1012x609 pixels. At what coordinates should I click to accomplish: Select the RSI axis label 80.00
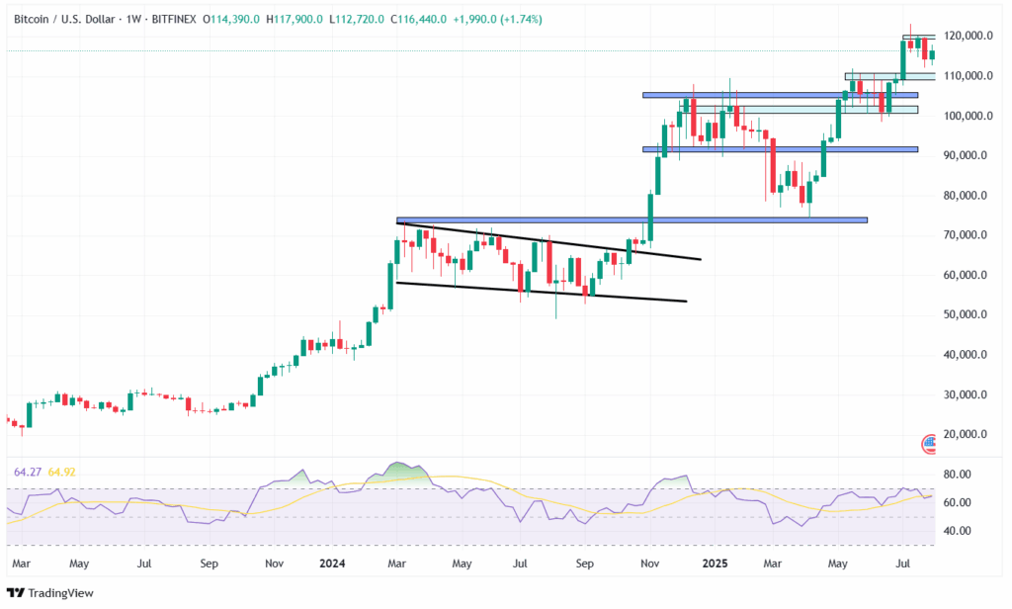(x=957, y=475)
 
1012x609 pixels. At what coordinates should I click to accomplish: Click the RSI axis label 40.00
(x=957, y=531)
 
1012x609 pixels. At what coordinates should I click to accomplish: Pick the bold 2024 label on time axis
(x=332, y=564)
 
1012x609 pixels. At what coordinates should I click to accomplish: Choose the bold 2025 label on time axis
(x=714, y=564)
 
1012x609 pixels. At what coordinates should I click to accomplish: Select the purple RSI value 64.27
(x=24, y=472)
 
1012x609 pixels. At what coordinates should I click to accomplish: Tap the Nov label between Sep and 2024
(x=275, y=564)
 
